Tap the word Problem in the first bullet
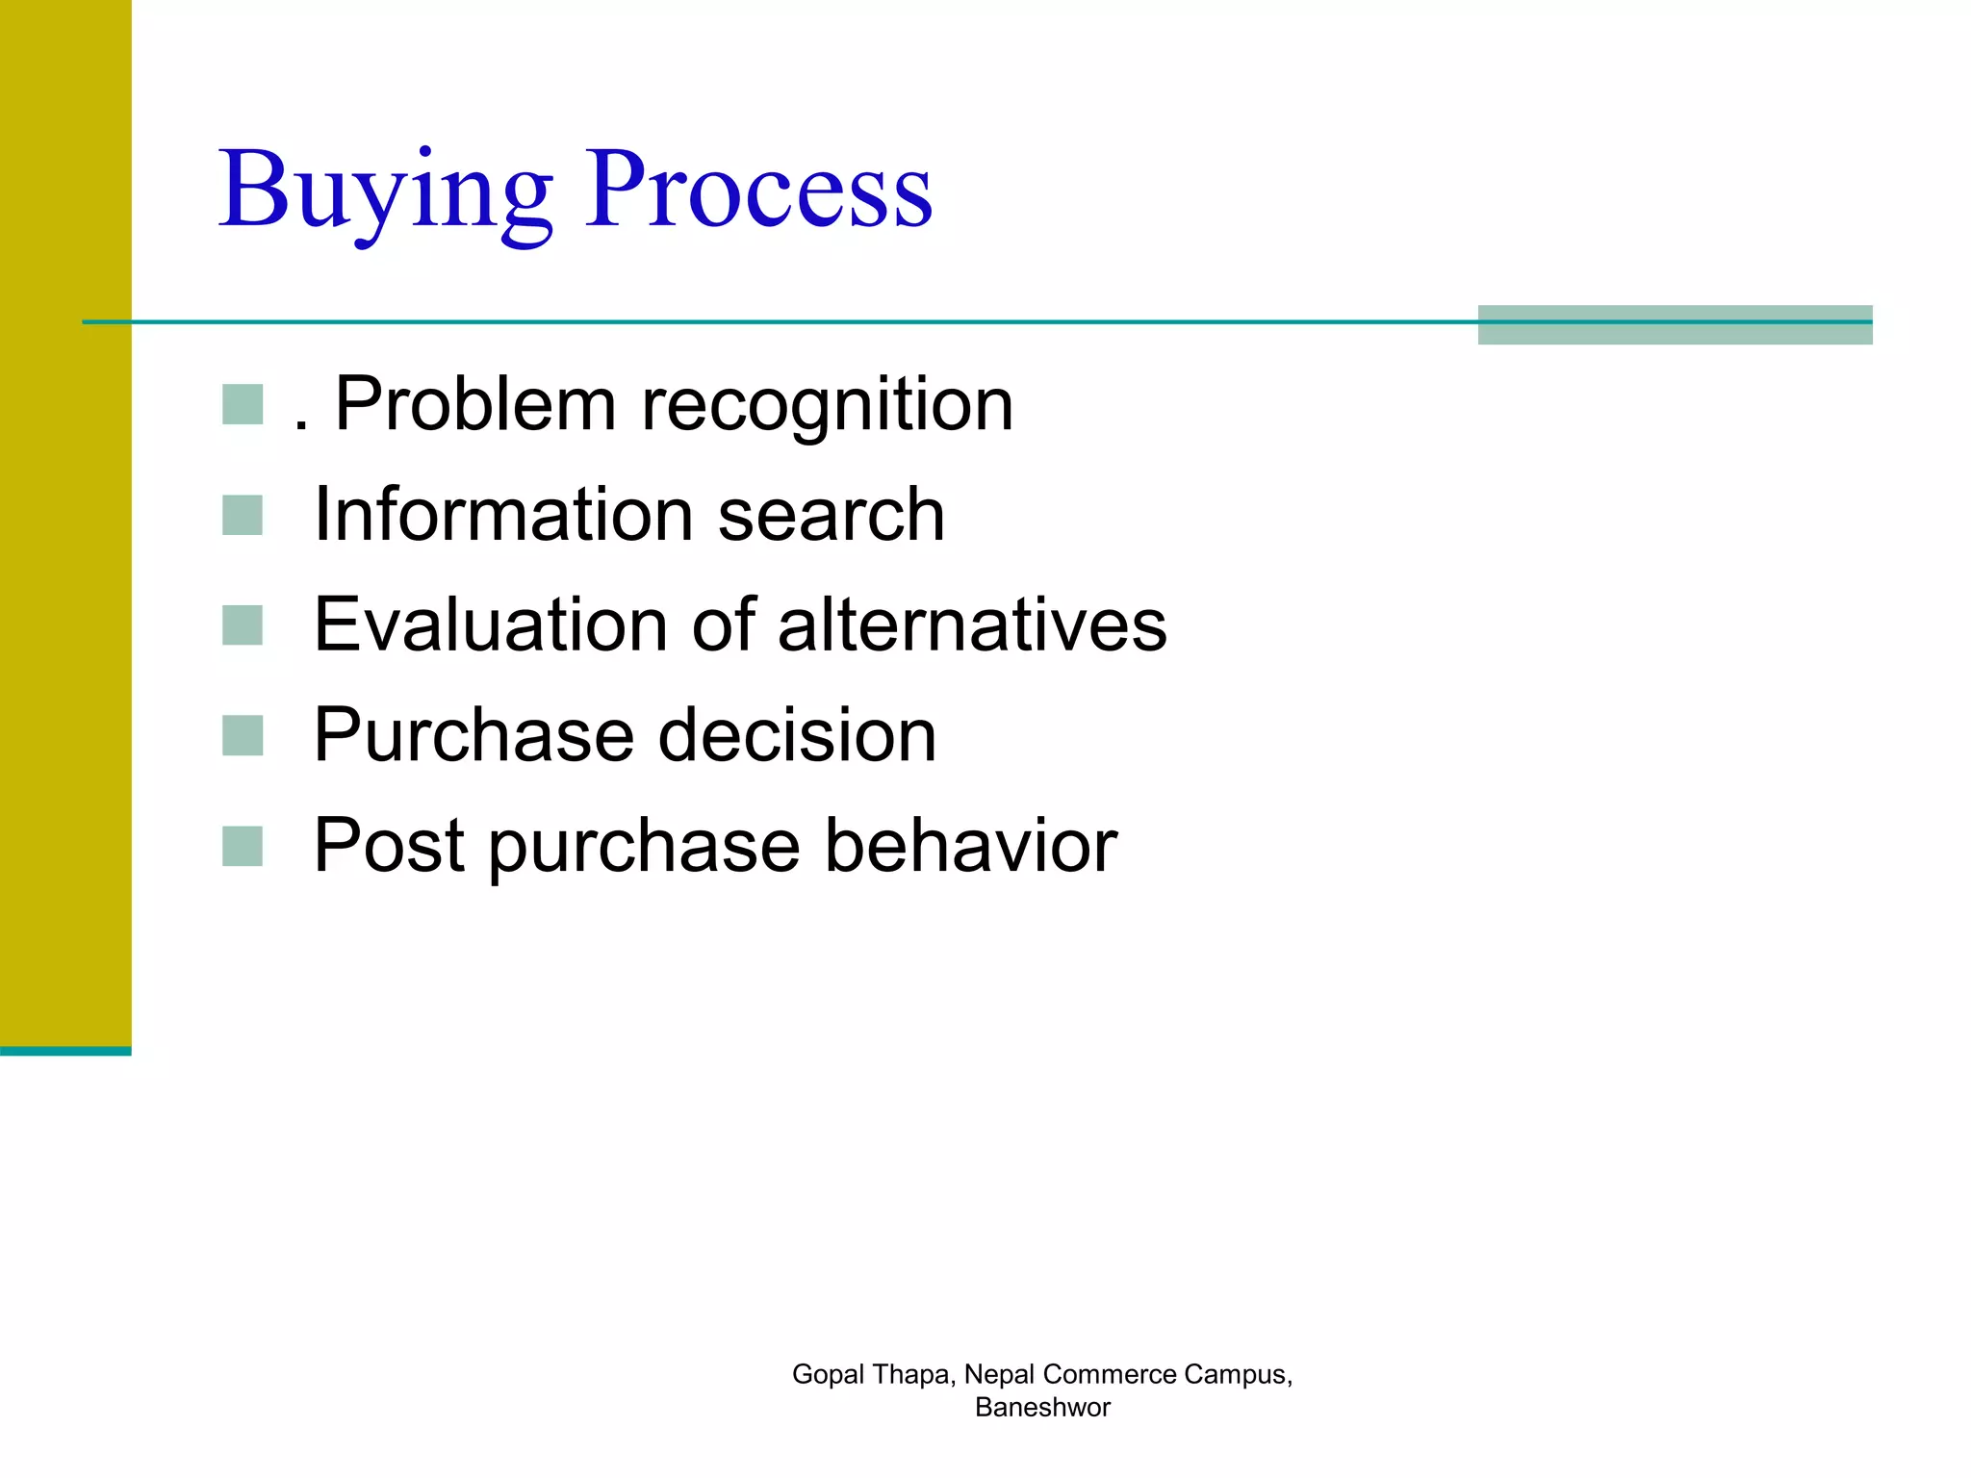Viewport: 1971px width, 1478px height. coord(474,404)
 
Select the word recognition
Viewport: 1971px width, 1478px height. coord(827,404)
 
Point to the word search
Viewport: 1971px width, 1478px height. coord(832,515)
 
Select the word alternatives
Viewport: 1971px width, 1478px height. coord(972,624)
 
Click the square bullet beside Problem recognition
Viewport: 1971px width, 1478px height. coord(243,404)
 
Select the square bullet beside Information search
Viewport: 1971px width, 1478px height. coord(243,515)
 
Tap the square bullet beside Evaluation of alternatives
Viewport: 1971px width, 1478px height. coord(243,624)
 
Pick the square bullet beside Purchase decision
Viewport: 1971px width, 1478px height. coord(243,736)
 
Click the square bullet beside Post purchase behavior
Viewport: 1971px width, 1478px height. coord(243,846)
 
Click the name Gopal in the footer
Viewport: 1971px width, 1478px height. coord(828,1374)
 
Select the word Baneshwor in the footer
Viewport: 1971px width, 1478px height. coord(1042,1407)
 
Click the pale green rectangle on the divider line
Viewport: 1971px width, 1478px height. coord(1675,325)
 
